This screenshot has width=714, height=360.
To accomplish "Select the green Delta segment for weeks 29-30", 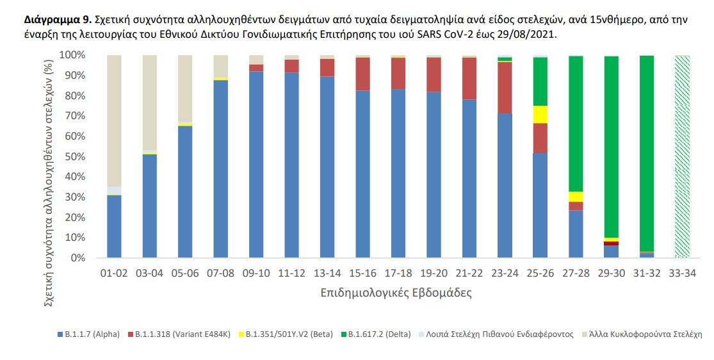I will pos(612,147).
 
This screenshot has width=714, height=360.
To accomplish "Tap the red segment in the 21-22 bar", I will pos(469,78).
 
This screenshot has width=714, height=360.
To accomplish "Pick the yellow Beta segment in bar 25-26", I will pos(540,114).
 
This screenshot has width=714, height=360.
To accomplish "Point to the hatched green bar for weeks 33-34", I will pos(683,157).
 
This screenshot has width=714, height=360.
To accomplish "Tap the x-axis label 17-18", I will pos(398,273).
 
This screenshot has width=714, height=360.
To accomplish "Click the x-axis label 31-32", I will pos(647,273).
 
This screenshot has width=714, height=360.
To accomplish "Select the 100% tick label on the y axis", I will pos(72,55).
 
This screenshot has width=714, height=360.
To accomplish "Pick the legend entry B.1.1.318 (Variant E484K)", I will pos(181,334).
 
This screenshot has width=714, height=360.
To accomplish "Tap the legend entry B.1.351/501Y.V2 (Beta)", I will pos(289,334).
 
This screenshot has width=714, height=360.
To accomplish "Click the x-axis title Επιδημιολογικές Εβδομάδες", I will pos(397,293).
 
